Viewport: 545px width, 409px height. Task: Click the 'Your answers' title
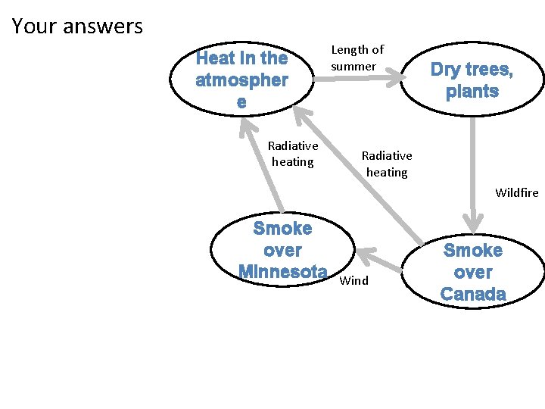pos(77,27)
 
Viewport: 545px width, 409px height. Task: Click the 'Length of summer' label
pos(357,58)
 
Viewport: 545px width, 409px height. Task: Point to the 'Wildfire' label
pos(516,192)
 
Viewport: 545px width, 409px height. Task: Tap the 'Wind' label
pos(354,281)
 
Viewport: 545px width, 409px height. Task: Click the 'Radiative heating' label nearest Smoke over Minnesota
pos(293,153)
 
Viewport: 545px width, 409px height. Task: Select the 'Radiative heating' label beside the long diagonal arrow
pos(387,164)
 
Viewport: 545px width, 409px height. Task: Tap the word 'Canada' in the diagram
pos(473,294)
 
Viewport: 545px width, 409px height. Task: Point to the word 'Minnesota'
pos(282,271)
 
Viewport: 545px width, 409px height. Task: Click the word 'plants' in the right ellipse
pos(472,92)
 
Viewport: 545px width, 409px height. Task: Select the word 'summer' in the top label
pos(353,67)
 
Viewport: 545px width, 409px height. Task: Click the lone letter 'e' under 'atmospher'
pos(241,102)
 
